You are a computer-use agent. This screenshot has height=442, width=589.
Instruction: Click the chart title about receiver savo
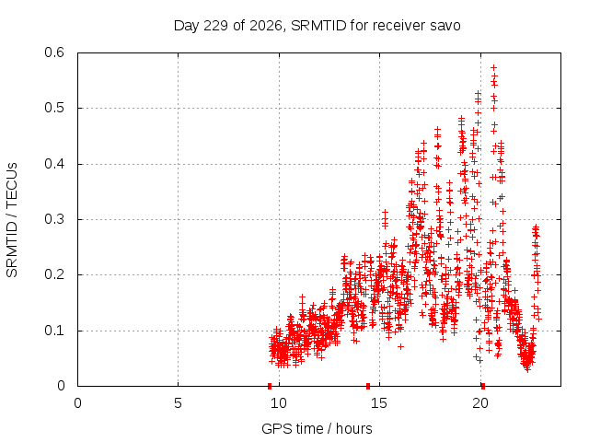[x=317, y=26]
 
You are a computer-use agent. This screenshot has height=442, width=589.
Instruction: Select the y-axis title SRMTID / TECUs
[x=12, y=220]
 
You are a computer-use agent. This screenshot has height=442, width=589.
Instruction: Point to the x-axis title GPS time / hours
[x=317, y=428]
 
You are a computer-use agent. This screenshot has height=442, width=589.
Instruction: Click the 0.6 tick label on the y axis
[x=54, y=52]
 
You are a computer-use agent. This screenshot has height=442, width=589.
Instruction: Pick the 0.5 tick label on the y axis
[x=54, y=108]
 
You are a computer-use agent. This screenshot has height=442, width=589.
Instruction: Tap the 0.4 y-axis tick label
[x=54, y=164]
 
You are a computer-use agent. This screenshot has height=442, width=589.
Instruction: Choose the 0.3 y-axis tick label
[x=54, y=219]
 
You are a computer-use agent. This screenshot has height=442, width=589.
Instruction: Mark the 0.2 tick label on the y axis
[x=54, y=274]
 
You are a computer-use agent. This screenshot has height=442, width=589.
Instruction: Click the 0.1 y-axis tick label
[x=54, y=331]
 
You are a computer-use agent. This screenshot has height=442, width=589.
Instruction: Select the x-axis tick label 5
[x=178, y=403]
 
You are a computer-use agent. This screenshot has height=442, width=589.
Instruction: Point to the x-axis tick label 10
[x=279, y=403]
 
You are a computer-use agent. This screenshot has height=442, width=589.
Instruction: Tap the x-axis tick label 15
[x=379, y=403]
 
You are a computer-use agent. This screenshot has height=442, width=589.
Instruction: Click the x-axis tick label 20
[x=480, y=403]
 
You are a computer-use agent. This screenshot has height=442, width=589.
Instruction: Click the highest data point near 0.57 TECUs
[x=494, y=67]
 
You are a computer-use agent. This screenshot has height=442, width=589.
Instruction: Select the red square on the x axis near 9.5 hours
[x=270, y=386]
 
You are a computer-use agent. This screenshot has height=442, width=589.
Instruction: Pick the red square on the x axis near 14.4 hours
[x=368, y=386]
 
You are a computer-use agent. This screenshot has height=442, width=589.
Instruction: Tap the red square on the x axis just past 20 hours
[x=483, y=386]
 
